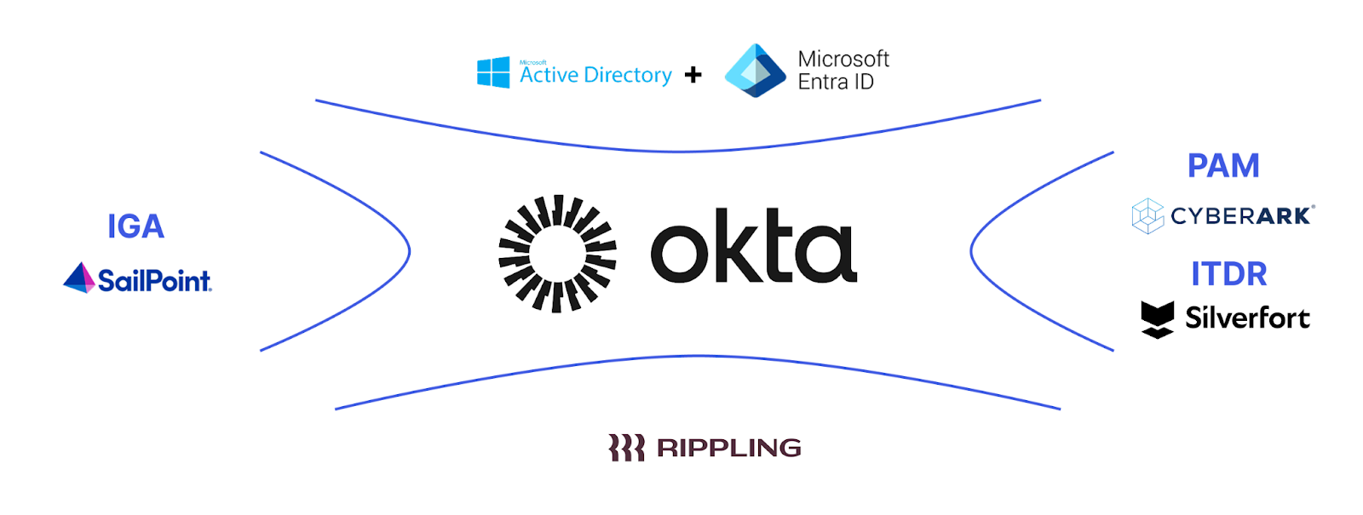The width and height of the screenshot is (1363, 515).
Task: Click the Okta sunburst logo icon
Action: pyautogui.click(x=557, y=253)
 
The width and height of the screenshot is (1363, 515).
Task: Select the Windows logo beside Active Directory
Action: pyautogui.click(x=493, y=72)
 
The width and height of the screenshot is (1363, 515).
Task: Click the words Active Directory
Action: pyautogui.click(x=595, y=76)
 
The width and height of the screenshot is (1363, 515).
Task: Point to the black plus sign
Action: pyautogui.click(x=693, y=75)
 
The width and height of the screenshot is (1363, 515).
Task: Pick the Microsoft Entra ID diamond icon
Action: pyautogui.click(x=755, y=71)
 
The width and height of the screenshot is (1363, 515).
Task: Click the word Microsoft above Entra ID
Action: pyautogui.click(x=843, y=59)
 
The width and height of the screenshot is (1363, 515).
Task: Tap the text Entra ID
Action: pyautogui.click(x=836, y=83)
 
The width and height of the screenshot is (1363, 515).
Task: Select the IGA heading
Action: pyautogui.click(x=135, y=226)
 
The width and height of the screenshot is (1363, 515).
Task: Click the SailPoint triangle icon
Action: pyautogui.click(x=79, y=278)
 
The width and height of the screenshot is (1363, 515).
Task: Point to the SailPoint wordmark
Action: pyautogui.click(x=154, y=280)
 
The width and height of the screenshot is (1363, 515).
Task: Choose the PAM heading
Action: pyautogui.click(x=1223, y=166)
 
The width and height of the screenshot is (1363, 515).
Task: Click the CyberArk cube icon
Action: pyautogui.click(x=1147, y=215)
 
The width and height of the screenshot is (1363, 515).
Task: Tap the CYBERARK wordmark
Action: pyautogui.click(x=1242, y=216)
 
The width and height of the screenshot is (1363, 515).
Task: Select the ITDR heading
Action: pyautogui.click(x=1228, y=274)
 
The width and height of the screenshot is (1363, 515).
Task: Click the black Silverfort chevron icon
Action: pyautogui.click(x=1157, y=319)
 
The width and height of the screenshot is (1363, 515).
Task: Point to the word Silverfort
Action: pyautogui.click(x=1247, y=318)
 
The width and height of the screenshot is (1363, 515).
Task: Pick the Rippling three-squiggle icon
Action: pyautogui.click(x=626, y=448)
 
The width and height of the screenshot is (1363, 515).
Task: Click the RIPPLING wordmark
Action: pyautogui.click(x=729, y=448)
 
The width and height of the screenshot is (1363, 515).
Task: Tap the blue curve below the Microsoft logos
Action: pyautogui.click(x=678, y=151)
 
